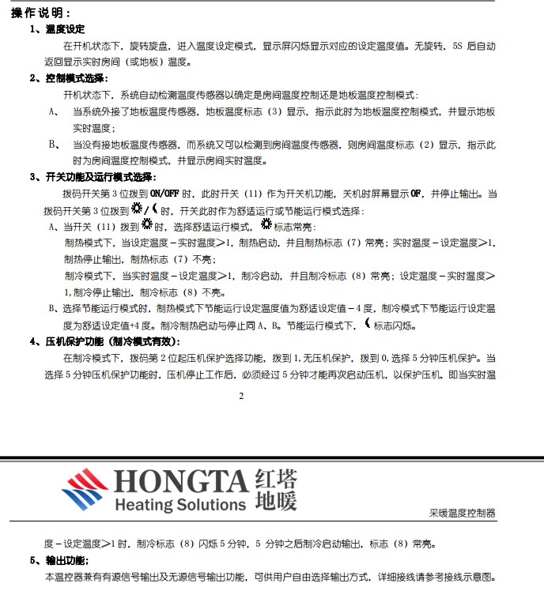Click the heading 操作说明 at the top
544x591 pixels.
(40, 13)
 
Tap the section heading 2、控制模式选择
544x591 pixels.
(70, 78)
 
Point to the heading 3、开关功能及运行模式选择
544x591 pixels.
(93, 177)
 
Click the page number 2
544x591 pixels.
(241, 397)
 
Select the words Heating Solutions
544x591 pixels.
(180, 504)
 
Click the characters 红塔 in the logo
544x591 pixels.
(277, 480)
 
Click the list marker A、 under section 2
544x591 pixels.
(54, 111)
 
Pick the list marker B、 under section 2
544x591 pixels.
(54, 145)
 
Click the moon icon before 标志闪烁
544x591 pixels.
(367, 324)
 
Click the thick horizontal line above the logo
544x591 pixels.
(272, 457)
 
